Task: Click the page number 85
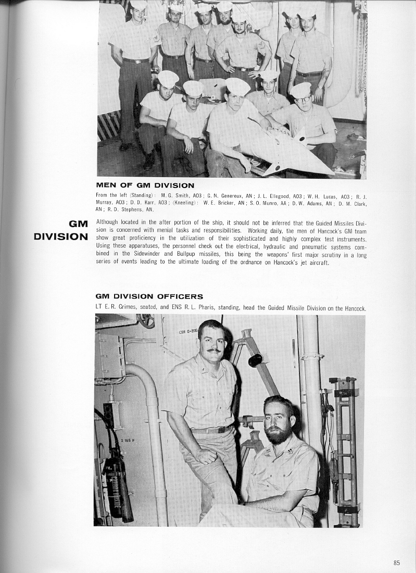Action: coord(397,563)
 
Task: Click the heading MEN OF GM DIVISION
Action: coord(145,185)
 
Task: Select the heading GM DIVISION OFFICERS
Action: coord(149,297)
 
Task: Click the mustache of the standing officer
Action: coord(213,351)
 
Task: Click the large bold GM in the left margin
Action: coord(78,225)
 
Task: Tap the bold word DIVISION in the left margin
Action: coord(61,236)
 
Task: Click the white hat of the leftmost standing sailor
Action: coord(138,5)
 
